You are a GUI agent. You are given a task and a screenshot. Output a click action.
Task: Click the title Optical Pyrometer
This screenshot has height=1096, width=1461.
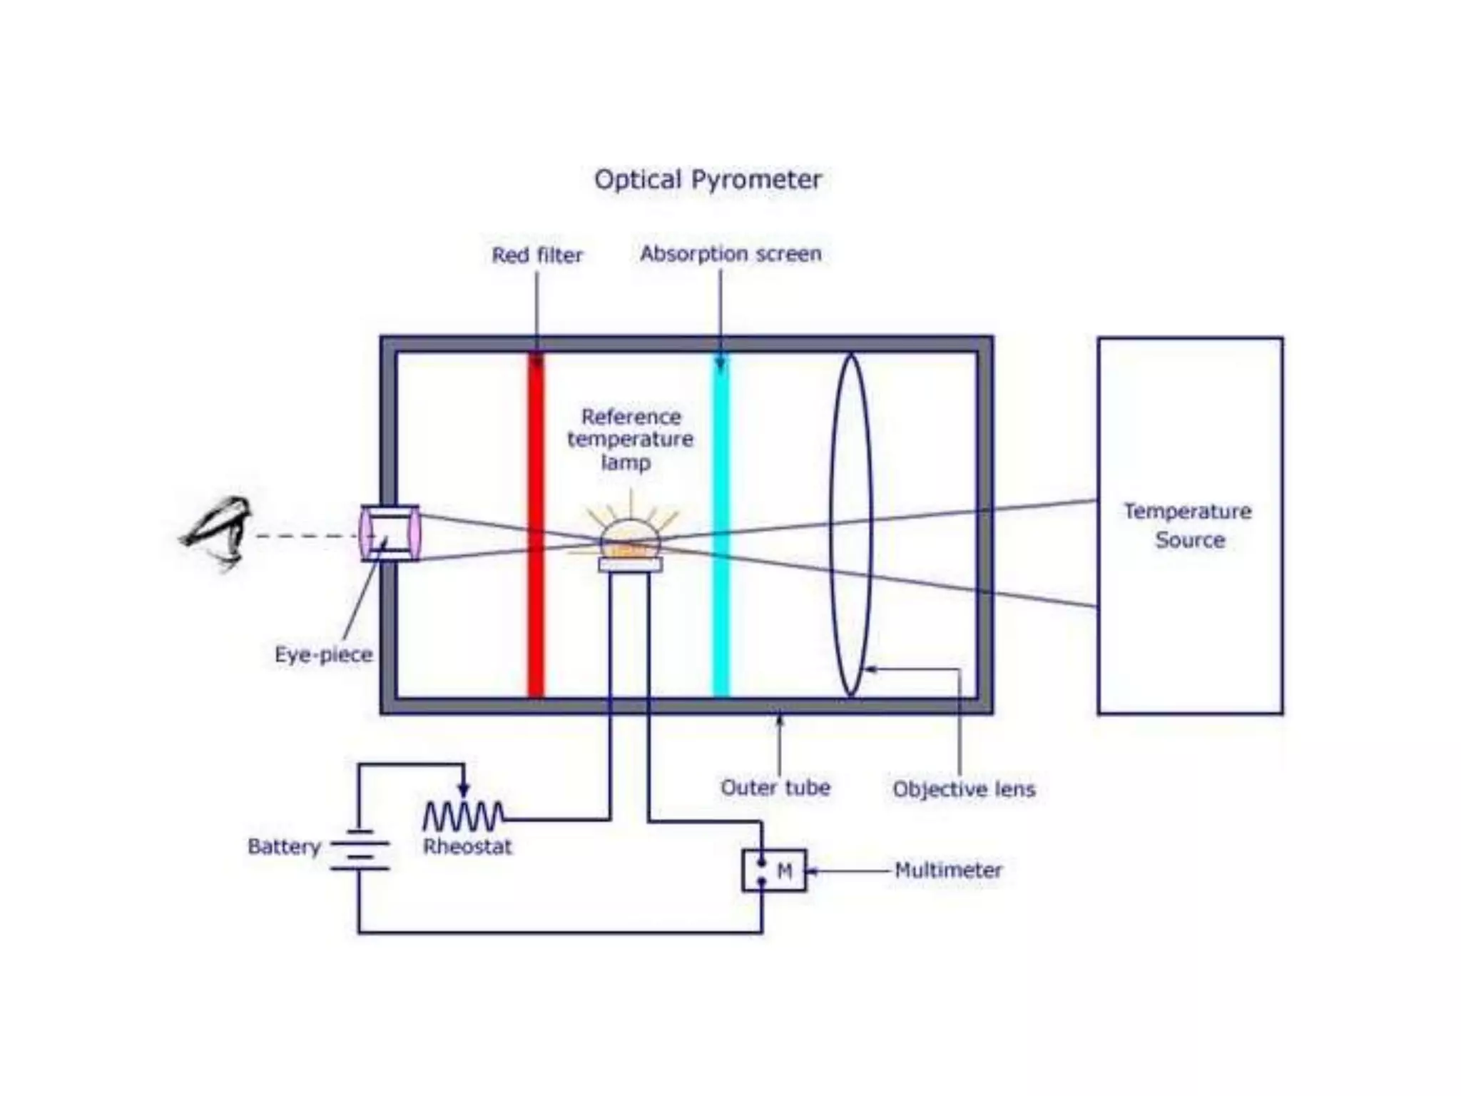point(708,180)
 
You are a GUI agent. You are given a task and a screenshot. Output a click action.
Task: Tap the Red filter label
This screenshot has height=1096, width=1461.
point(537,255)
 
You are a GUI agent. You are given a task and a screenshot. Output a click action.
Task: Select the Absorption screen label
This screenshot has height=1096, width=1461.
point(730,254)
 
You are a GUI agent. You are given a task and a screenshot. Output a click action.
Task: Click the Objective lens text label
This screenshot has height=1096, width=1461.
point(964,789)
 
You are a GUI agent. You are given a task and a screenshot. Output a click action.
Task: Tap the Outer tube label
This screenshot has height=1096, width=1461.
point(775,788)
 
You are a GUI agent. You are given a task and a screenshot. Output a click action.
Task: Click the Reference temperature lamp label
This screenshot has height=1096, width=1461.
point(630,440)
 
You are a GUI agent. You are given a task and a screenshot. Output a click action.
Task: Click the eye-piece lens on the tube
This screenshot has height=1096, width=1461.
point(390,533)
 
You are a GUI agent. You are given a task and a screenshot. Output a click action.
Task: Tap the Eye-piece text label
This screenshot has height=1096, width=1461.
point(324,655)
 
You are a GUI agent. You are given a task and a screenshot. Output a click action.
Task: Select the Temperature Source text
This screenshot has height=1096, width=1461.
point(1188,526)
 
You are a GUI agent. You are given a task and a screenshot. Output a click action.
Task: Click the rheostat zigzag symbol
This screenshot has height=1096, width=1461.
point(463,816)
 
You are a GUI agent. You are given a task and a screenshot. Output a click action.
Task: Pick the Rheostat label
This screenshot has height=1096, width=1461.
point(467,847)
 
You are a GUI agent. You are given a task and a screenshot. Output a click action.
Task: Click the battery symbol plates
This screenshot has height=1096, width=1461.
point(360,850)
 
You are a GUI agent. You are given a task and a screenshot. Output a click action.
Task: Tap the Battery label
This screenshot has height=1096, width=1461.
point(284,847)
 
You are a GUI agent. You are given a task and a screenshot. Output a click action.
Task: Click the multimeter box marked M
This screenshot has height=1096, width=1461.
point(775,871)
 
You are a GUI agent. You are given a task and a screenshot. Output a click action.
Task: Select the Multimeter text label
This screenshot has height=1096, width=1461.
point(948,871)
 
